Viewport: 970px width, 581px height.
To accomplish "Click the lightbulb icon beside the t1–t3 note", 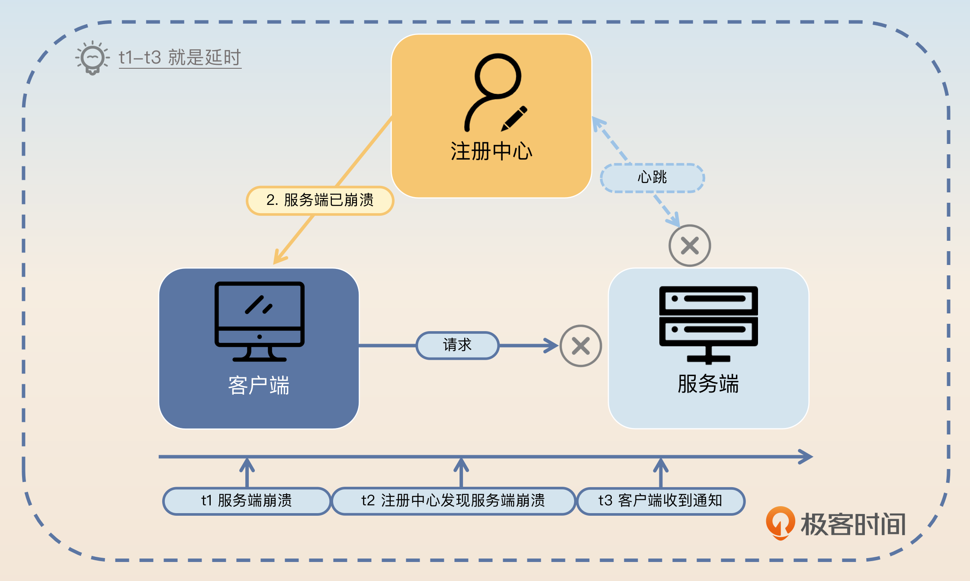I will tap(92, 57).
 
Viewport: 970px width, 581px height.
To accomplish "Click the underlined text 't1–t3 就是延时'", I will tap(180, 57).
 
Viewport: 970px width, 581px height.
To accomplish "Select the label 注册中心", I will tap(491, 151).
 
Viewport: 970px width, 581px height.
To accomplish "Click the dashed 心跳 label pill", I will tap(652, 178).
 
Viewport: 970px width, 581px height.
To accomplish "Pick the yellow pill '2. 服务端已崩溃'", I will tap(320, 200).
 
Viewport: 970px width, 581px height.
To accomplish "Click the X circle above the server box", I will tap(690, 246).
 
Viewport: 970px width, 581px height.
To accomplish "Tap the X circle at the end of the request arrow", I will tap(581, 346).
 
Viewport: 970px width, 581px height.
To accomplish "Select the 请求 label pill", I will tap(457, 345).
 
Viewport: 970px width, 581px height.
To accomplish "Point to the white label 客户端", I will tap(259, 385).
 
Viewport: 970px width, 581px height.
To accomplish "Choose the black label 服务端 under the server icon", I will tap(708, 384).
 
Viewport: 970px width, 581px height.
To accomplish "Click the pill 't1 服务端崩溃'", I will tap(247, 501).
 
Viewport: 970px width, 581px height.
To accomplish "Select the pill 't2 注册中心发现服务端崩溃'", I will tap(453, 501).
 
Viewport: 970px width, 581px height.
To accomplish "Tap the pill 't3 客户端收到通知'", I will tap(660, 501).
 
